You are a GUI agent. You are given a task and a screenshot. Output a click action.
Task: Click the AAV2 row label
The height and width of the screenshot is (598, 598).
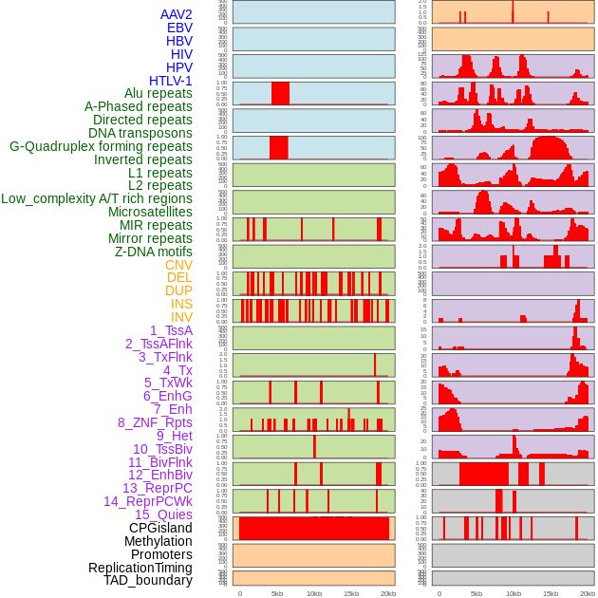pos(176,14)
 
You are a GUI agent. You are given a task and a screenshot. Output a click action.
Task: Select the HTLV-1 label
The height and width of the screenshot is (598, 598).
pos(170,81)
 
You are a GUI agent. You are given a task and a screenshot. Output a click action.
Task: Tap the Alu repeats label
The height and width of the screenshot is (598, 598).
pos(158,93)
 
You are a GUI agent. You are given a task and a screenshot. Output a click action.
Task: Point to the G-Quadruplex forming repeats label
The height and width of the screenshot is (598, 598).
pos(101,146)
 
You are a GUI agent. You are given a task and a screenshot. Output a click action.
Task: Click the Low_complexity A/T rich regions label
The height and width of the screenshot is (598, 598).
pos(96,198)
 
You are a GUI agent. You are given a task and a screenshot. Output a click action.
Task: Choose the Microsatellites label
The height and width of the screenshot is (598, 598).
pos(150,212)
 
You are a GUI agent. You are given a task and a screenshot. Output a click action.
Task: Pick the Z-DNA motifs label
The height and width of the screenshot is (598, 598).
pos(153,252)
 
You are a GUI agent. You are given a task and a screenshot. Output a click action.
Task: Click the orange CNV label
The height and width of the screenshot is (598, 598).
pos(178,265)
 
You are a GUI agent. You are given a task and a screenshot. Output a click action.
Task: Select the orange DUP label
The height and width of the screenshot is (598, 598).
pos(178,290)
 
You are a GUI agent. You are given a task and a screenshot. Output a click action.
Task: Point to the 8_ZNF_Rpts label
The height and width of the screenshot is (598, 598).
pos(155,422)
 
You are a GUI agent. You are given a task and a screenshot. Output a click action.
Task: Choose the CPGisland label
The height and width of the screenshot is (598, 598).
pos(160,528)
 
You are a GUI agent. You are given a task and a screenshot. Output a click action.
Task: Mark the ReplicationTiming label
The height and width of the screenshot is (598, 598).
pos(140,568)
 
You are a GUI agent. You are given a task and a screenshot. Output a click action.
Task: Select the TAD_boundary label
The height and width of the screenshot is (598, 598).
pos(147,580)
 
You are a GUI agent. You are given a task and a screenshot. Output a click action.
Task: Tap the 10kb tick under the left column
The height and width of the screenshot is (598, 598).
pos(314,593)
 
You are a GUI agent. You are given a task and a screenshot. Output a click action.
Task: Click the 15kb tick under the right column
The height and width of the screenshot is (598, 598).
pos(551,593)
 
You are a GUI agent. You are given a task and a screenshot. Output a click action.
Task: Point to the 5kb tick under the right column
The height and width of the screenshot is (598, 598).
pos(477,593)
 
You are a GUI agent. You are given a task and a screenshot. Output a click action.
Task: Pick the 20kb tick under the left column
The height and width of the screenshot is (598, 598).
pos(388,593)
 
